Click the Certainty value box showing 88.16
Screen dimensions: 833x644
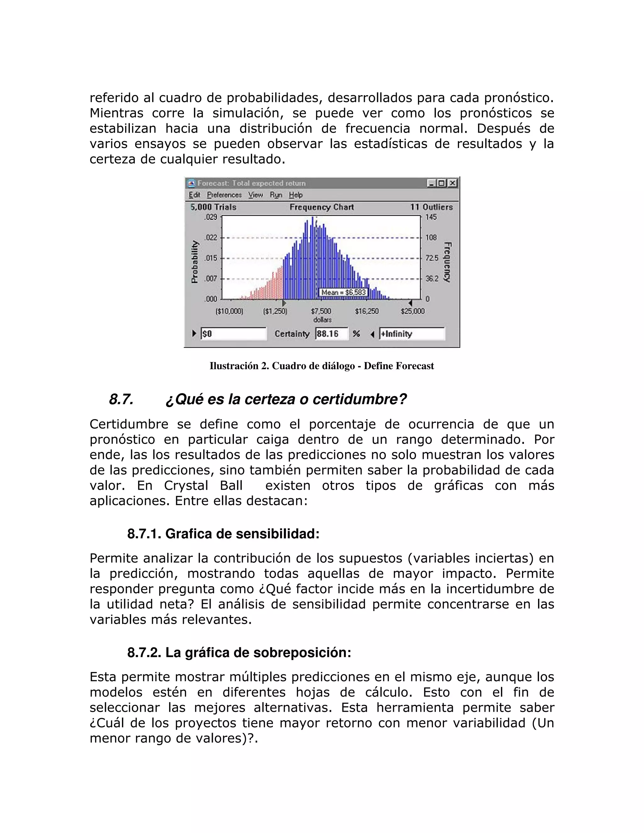point(331,334)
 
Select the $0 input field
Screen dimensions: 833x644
point(233,334)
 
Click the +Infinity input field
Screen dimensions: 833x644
point(412,334)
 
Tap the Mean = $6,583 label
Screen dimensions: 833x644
point(343,293)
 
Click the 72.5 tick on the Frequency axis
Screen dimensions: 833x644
point(431,258)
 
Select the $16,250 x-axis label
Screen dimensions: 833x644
point(367,311)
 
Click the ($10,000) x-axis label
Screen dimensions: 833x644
point(229,311)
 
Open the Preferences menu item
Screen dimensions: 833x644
point(224,195)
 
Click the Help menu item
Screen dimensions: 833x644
point(295,195)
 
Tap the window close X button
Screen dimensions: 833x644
point(452,184)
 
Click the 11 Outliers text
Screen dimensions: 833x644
point(431,207)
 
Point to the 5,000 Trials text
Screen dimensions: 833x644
point(214,207)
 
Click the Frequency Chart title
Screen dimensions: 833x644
point(322,207)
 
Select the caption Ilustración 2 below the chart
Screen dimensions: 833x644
point(322,366)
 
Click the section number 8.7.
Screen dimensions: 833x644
point(121,399)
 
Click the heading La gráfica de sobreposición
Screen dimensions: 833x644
point(258,653)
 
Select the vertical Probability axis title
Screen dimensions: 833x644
point(195,262)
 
